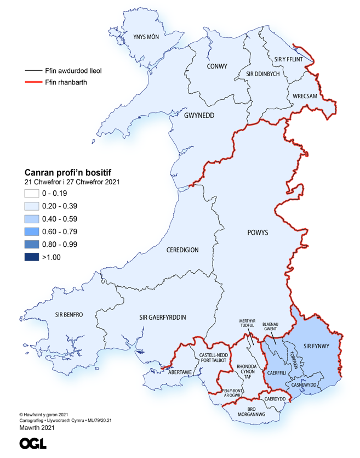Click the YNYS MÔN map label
click(146, 37)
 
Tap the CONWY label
click(217, 66)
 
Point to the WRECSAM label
click(305, 97)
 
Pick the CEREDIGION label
click(182, 250)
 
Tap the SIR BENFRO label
click(69, 315)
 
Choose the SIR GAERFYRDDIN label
click(163, 318)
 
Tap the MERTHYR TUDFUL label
click(248, 323)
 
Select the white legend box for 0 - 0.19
click(32, 193)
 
